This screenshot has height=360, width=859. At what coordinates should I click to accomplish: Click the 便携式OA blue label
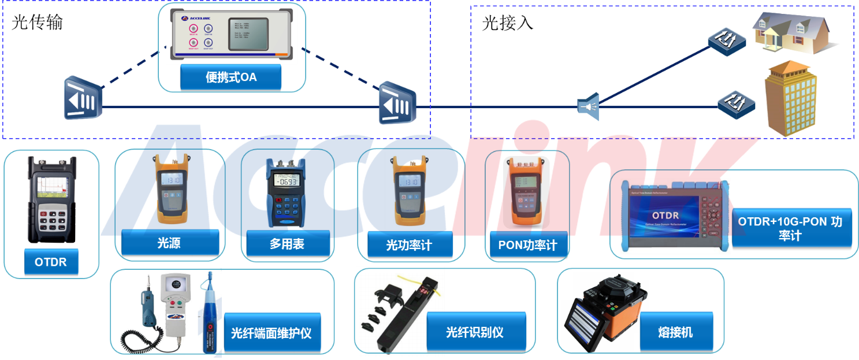point(230,77)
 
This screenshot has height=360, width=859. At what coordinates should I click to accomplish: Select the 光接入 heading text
point(508,23)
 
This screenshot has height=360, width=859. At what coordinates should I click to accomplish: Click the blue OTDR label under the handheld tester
point(51,262)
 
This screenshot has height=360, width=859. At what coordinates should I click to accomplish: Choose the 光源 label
point(169,243)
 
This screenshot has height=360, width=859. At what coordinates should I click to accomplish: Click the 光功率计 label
point(409,246)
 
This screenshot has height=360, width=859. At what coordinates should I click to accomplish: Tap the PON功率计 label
point(527,245)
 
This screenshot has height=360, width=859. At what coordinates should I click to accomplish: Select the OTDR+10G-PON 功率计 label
point(790,228)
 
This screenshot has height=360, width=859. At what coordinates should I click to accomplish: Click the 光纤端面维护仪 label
point(272,333)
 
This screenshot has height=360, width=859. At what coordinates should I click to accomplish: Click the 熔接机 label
point(675,332)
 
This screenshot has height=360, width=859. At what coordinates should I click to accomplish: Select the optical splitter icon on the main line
point(588,107)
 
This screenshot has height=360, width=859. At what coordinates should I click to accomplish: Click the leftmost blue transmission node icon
point(83,98)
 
